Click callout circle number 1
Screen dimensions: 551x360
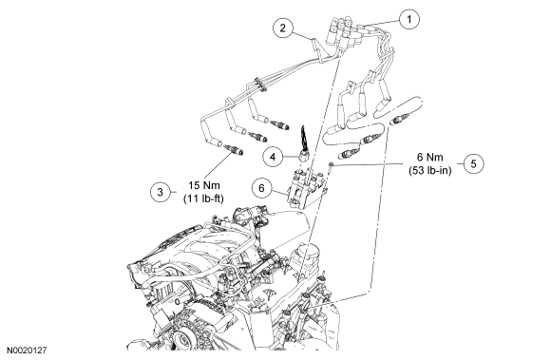(x=408, y=19)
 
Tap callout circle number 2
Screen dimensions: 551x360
(x=283, y=28)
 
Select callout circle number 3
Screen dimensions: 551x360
(x=161, y=192)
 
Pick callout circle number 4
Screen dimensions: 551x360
(x=274, y=157)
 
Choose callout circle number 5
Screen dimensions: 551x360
(x=473, y=163)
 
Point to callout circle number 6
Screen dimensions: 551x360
(x=262, y=188)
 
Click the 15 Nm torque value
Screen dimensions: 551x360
(x=204, y=185)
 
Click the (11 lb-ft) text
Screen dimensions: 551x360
(x=203, y=199)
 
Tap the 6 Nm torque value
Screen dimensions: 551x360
(x=430, y=157)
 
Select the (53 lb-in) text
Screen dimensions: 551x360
(x=430, y=170)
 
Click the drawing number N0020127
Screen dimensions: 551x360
(x=27, y=351)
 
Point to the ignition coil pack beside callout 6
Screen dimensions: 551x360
(x=307, y=188)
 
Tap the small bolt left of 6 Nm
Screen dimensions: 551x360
(x=331, y=164)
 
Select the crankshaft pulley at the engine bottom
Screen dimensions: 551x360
(x=183, y=338)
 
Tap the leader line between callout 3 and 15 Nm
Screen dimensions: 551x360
(x=173, y=192)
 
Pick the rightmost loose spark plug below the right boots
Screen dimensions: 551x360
(x=399, y=120)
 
